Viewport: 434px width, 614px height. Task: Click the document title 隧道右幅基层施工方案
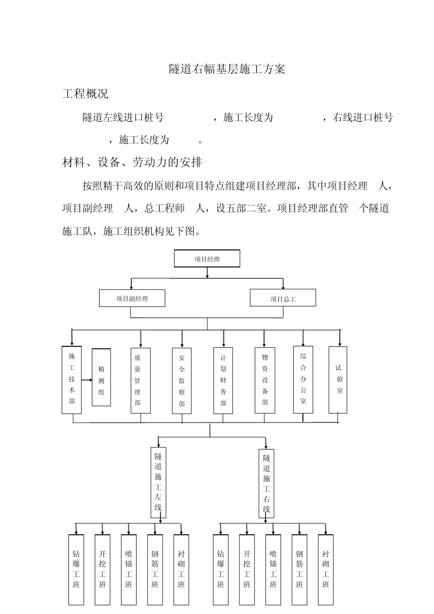pyautogui.click(x=227, y=69)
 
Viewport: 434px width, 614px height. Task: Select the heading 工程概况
pyautogui.click(x=85, y=94)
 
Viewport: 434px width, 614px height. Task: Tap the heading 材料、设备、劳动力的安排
pyautogui.click(x=132, y=162)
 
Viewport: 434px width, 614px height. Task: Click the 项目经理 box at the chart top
pyautogui.click(x=207, y=259)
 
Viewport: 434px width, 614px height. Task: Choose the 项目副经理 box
pyautogui.click(x=132, y=298)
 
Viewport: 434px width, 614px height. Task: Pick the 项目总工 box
pyautogui.click(x=283, y=298)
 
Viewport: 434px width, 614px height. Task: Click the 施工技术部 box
pyautogui.click(x=72, y=380)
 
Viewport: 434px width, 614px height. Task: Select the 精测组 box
pyautogui.click(x=101, y=377)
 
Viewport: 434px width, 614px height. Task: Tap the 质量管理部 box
pyautogui.click(x=141, y=381)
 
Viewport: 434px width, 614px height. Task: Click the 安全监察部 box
pyautogui.click(x=182, y=381)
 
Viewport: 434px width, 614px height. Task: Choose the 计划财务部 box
pyautogui.click(x=223, y=381)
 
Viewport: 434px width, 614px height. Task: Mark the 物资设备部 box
pyautogui.click(x=265, y=381)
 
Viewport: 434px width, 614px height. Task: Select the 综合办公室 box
pyautogui.click(x=303, y=380)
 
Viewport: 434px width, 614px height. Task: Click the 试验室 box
pyautogui.click(x=338, y=380)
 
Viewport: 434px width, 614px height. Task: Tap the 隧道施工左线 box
pyautogui.click(x=159, y=482)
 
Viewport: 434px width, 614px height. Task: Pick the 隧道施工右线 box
pyautogui.click(x=266, y=484)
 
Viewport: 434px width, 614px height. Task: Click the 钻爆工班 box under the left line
pyautogui.click(x=76, y=569)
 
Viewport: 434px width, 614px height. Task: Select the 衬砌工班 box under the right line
pyautogui.click(x=326, y=569)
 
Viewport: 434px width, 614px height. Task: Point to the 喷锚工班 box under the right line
pyautogui.click(x=273, y=569)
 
